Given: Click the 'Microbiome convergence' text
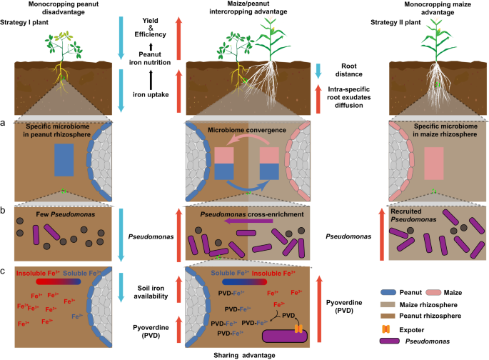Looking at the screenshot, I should coord(244,131).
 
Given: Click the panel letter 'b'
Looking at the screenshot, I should coord(5,211).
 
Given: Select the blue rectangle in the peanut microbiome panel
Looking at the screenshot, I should coord(64,159).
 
